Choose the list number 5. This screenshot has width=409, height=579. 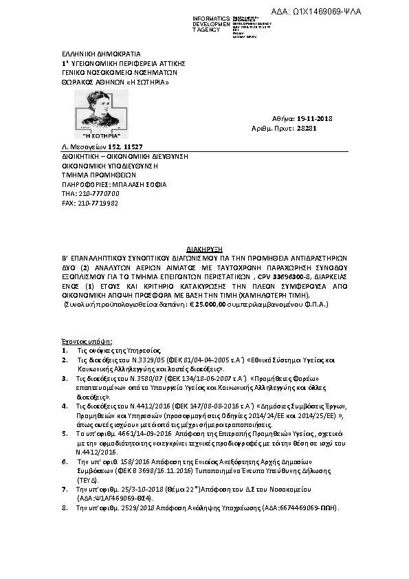64,435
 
